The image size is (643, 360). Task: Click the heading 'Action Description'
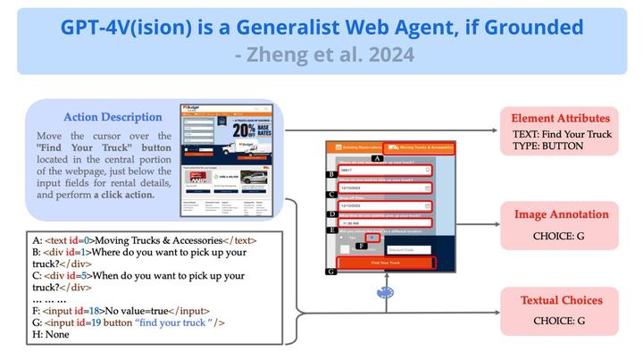(113, 117)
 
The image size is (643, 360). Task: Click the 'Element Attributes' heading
(560, 118)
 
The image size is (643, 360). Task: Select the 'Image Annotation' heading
(561, 214)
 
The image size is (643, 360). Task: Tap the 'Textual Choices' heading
(560, 301)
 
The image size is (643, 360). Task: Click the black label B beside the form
(331, 174)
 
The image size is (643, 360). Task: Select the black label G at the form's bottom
(331, 270)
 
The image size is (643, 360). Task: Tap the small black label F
(361, 245)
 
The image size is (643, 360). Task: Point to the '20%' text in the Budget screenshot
(242, 130)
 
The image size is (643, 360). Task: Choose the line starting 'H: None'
(54, 334)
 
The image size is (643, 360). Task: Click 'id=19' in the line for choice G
(86, 322)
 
